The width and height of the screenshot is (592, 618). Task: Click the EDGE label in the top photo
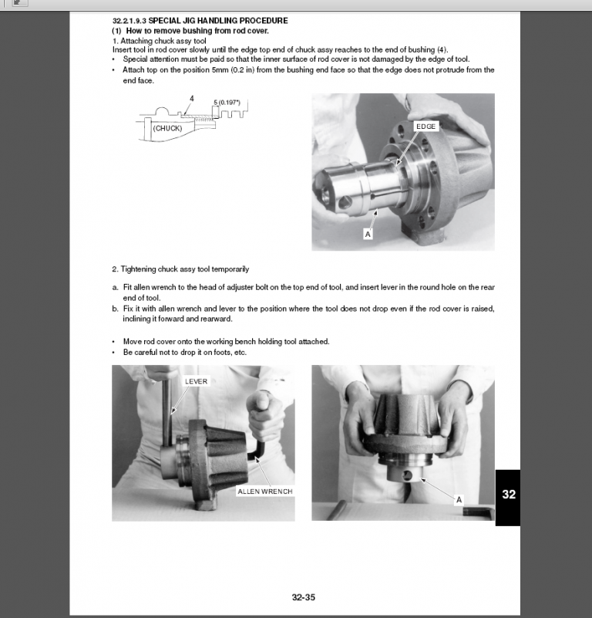[x=426, y=126]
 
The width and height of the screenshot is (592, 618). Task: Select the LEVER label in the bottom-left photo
[x=197, y=381]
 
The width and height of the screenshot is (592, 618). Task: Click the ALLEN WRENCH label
[x=264, y=491]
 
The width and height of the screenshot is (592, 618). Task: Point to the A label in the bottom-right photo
[x=459, y=499]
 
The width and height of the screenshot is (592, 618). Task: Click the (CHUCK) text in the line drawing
[x=167, y=128]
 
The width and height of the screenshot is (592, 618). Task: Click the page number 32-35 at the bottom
[x=304, y=596]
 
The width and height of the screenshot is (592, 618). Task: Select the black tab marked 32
[x=507, y=495]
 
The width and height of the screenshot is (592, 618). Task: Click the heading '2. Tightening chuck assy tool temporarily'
[x=180, y=269]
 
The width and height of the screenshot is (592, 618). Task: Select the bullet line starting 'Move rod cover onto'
[x=226, y=341]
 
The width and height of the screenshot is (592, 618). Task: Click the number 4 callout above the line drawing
[x=191, y=98]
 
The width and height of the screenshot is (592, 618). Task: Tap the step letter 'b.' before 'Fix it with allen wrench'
[x=116, y=308]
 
